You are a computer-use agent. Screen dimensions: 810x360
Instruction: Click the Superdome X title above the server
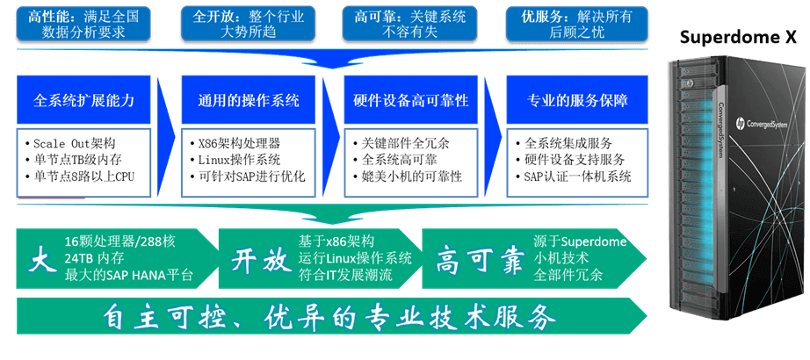click(x=738, y=38)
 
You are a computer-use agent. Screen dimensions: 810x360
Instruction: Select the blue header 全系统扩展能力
click(x=83, y=100)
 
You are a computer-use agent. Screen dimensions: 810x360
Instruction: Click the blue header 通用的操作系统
click(x=249, y=100)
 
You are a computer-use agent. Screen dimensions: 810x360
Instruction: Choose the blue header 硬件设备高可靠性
click(x=411, y=100)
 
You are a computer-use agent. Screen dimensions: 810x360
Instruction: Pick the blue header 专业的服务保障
click(x=577, y=100)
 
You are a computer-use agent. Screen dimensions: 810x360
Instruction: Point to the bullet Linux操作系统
click(x=235, y=160)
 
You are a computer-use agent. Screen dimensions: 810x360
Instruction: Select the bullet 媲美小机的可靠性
click(x=408, y=176)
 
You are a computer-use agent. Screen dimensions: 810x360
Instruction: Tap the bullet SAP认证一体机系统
click(x=574, y=176)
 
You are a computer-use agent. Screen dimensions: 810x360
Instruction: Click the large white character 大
click(x=42, y=260)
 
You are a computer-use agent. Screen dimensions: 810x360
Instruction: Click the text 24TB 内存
click(x=95, y=258)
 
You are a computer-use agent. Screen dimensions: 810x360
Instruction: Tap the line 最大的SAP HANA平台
click(x=128, y=275)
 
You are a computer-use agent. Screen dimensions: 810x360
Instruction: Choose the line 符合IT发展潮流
click(x=345, y=274)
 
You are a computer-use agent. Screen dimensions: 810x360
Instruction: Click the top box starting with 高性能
click(x=85, y=24)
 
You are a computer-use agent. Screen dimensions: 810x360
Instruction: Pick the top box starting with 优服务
click(x=576, y=24)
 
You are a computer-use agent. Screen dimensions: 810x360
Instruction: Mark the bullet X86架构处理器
click(x=235, y=144)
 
